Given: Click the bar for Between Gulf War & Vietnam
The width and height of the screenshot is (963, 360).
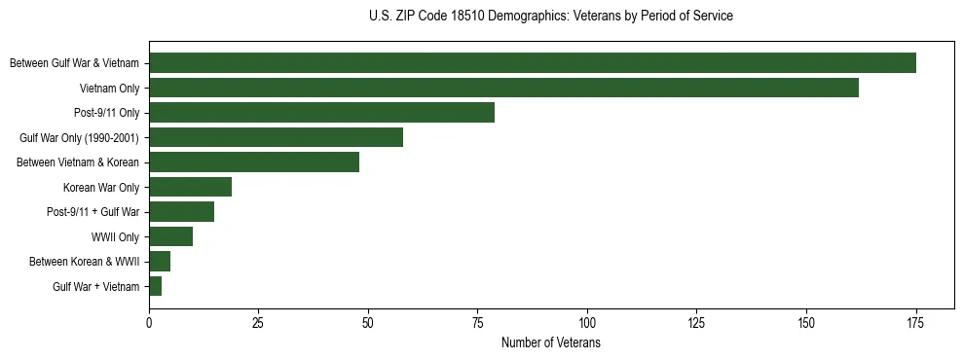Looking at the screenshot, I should [532, 63].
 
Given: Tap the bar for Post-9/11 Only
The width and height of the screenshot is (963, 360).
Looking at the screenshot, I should [321, 113].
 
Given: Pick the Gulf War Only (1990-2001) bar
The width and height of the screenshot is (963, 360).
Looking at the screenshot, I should [276, 137].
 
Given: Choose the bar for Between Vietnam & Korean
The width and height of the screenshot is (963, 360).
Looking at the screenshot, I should [254, 162].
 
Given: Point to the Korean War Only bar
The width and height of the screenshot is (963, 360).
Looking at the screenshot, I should [190, 187].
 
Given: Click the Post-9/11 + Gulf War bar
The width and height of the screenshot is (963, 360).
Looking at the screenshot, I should [181, 212].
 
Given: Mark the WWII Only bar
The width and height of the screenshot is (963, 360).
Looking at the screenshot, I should [170, 236].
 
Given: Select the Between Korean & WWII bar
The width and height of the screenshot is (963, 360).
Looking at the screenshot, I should [160, 262].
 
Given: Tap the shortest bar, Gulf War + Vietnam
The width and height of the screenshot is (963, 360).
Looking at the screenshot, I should [155, 286].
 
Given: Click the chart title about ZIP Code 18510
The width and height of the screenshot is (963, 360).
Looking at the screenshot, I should [551, 17].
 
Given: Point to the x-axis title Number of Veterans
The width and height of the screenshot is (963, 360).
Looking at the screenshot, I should [550, 343].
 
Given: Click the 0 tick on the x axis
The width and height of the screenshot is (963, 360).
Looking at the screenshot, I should [149, 323].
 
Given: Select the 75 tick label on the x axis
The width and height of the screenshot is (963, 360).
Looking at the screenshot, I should [477, 323].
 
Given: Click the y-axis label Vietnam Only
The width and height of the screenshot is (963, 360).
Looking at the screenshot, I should [109, 89].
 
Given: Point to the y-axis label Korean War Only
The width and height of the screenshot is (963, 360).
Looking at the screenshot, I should [101, 188].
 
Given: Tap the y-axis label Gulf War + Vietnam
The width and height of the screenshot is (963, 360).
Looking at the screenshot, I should [96, 287].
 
